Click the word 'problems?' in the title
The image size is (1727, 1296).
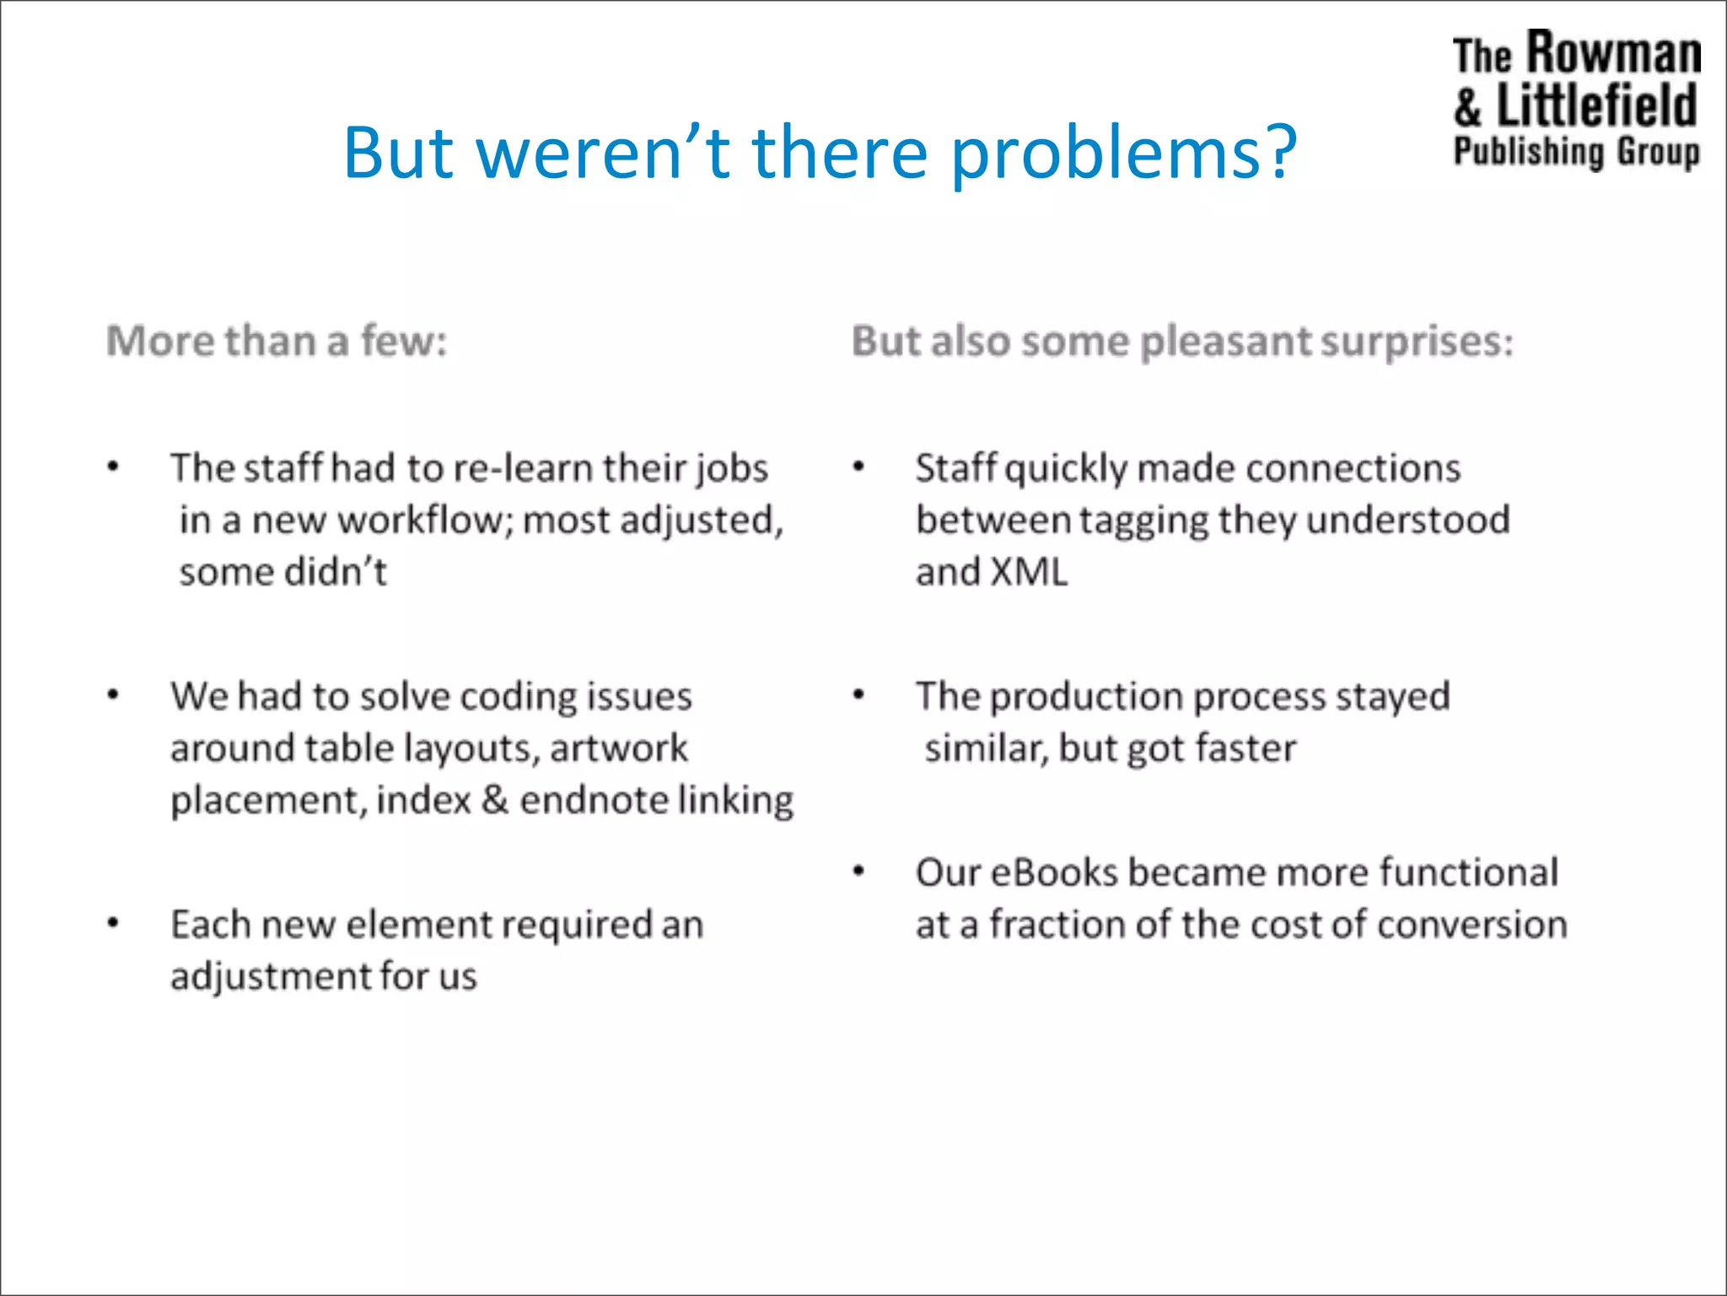(1123, 154)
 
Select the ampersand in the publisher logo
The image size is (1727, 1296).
(1468, 107)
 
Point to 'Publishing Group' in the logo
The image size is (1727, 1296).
(1576, 153)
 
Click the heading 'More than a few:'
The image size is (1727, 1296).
(277, 342)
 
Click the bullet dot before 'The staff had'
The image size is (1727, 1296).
(113, 467)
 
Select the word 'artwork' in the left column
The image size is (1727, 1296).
(619, 748)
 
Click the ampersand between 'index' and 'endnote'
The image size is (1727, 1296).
(495, 800)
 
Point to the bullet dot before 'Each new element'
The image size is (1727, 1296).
(113, 923)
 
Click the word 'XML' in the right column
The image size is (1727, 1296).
(1029, 573)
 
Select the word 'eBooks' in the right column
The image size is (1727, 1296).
(1054, 873)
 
